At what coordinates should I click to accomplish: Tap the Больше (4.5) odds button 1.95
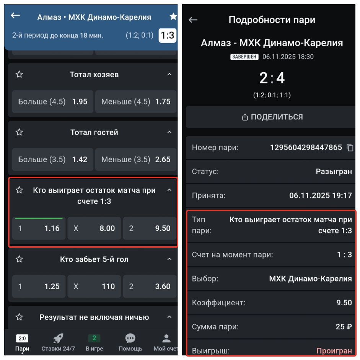pos(52,101)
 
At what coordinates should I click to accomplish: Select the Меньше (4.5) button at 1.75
pos(136,101)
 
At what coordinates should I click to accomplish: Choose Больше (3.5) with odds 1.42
pos(52,159)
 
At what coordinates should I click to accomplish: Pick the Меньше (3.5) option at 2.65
pos(136,159)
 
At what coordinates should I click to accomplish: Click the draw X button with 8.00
pos(94,228)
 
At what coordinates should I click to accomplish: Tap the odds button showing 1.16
pos(39,228)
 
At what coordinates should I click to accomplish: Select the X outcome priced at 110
pos(94,286)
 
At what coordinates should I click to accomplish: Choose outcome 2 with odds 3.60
pos(150,286)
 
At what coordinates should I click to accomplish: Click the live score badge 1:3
pos(167,35)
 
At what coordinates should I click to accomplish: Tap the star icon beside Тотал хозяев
pos(19,74)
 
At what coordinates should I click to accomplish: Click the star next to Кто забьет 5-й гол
pos(19,259)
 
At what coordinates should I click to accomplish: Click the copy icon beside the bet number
pos(350,148)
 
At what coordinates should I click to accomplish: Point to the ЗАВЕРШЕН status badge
pos(244,57)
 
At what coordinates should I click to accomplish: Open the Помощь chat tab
pos(130,342)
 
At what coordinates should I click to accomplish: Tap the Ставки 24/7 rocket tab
pos(58,342)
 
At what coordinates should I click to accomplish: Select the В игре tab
pos(94,342)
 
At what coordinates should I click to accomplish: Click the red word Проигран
pos(334,350)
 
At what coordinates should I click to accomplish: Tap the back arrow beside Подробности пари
pos(193,20)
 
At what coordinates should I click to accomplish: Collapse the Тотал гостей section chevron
pos(169,132)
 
